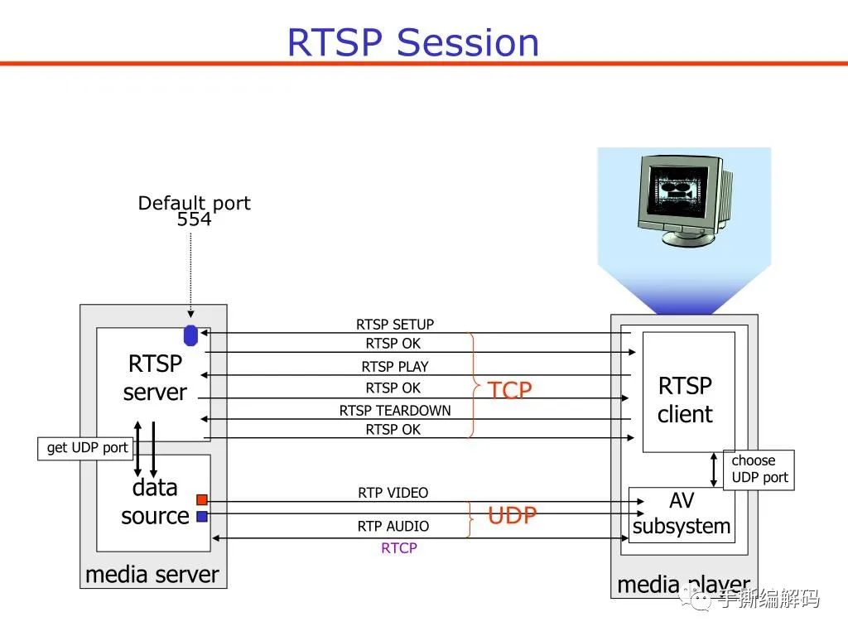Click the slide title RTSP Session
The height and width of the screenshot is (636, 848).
click(412, 42)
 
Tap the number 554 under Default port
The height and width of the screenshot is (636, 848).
click(194, 219)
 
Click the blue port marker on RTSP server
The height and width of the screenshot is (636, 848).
click(190, 335)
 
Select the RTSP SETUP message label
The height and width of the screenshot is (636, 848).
click(395, 325)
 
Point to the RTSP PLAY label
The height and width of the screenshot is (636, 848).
click(395, 367)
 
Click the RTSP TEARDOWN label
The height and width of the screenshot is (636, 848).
click(395, 411)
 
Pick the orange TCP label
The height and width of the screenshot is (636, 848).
click(509, 390)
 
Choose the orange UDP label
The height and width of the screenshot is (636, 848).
click(512, 516)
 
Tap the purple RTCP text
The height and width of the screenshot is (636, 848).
click(398, 548)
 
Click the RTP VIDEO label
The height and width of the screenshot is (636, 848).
click(393, 493)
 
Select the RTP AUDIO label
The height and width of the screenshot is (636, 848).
click(393, 527)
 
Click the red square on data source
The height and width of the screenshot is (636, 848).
click(201, 499)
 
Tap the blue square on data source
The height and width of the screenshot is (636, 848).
click(201, 517)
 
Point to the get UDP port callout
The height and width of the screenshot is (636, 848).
click(86, 448)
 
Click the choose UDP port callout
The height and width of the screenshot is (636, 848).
click(759, 470)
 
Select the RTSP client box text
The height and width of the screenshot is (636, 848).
click(685, 400)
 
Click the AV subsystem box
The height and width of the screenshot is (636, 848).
click(682, 514)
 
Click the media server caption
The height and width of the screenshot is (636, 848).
click(152, 574)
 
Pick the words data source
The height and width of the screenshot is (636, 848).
click(155, 502)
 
